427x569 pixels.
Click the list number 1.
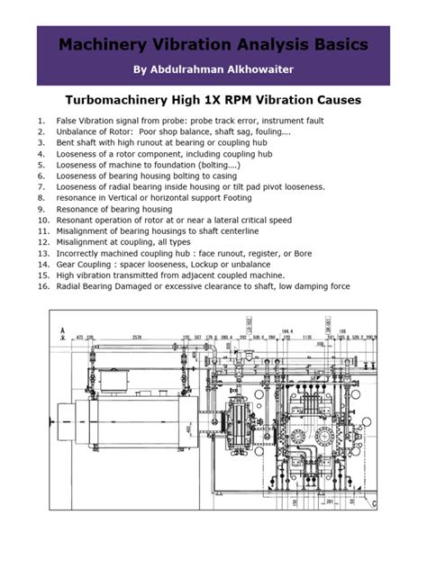coord(41,120)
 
